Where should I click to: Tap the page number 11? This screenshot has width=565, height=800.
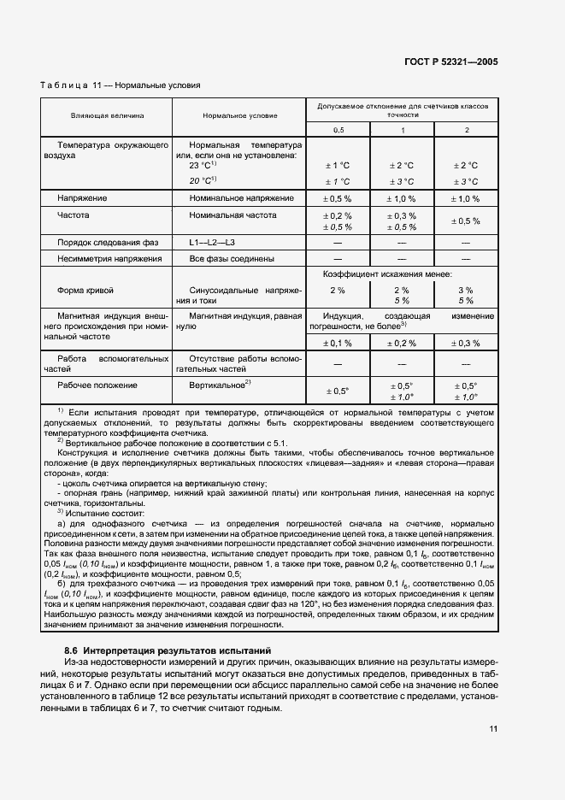[493, 728]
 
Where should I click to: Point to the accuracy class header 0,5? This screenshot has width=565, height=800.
[338, 129]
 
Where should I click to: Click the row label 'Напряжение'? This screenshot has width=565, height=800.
[77, 198]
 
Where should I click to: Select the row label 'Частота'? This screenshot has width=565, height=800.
[73, 215]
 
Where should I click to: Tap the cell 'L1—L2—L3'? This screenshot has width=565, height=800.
[212, 244]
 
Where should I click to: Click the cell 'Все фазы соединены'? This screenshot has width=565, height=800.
[232, 258]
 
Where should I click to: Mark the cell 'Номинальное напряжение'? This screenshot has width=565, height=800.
[242, 198]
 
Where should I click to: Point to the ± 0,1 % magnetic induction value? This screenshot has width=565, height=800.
[338, 343]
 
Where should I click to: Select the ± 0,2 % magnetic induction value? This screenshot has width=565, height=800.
[403, 343]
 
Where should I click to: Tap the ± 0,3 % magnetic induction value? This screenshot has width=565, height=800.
[466, 343]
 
